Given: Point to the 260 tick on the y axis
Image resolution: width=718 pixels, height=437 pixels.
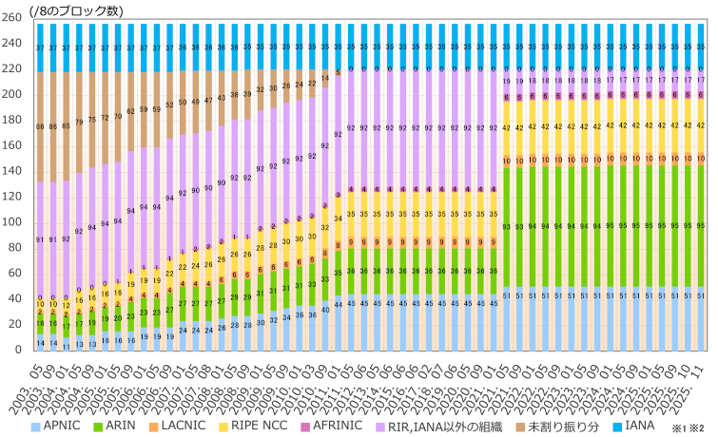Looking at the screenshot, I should [x=13, y=18].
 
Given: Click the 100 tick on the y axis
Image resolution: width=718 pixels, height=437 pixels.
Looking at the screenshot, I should [x=13, y=222].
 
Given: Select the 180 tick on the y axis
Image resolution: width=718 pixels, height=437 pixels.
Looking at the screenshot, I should [x=13, y=121].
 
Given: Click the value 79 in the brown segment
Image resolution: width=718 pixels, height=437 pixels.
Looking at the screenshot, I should [x=79, y=121].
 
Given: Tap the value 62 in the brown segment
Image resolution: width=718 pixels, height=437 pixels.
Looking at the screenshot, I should [x=131, y=111].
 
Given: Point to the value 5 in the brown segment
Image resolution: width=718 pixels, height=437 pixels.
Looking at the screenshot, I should [x=338, y=71].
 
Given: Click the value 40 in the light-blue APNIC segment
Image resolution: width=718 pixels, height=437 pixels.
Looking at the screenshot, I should [x=325, y=310].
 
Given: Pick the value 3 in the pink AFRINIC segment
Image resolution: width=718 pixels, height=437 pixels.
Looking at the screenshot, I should [x=338, y=195].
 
